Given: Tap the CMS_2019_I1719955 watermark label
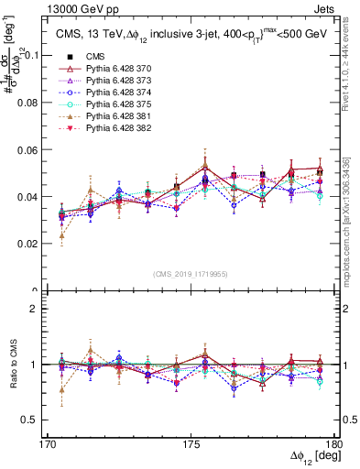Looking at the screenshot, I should click(x=191, y=273).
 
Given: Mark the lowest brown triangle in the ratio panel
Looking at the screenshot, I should click(x=61, y=390).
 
